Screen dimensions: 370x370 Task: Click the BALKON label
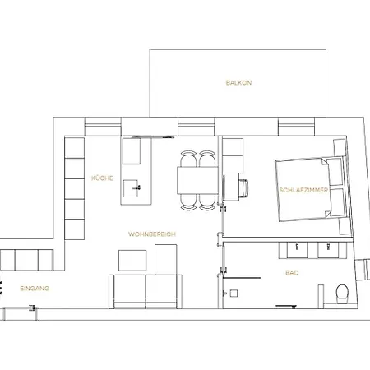click(x=238, y=82)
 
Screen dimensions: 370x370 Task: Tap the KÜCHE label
click(x=102, y=178)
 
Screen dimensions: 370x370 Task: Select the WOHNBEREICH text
click(x=152, y=234)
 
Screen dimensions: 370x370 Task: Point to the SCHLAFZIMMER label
click(x=303, y=190)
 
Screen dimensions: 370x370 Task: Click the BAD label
click(x=292, y=273)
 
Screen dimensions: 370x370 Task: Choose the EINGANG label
click(x=35, y=289)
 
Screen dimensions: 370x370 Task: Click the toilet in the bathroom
click(x=342, y=294)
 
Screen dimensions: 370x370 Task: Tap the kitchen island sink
click(x=131, y=188)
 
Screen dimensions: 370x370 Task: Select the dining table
click(x=197, y=180)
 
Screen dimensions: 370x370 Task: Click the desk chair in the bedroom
click(x=244, y=188)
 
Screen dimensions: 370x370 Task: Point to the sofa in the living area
click(x=146, y=292)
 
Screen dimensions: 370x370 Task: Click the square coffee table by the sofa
click(x=132, y=260)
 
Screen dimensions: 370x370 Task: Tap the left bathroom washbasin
click(x=297, y=250)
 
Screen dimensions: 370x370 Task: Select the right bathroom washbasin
click(x=328, y=250)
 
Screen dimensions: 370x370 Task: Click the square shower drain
click(x=234, y=294)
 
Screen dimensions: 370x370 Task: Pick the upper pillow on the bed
click(x=335, y=171)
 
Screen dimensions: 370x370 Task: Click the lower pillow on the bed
click(x=338, y=202)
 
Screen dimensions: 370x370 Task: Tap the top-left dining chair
click(x=188, y=159)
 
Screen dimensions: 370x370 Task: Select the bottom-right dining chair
click(x=207, y=202)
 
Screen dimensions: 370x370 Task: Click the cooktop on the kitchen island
click(x=132, y=151)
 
